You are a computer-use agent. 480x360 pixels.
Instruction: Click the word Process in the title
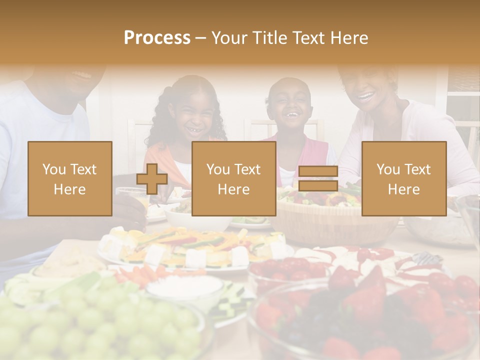pyautogui.click(x=157, y=37)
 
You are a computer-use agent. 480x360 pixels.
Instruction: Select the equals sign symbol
pyautogui.click(x=318, y=179)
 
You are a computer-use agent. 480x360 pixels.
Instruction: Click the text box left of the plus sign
pyautogui.click(x=69, y=179)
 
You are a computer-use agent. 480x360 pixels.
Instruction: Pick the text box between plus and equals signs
pyautogui.click(x=233, y=179)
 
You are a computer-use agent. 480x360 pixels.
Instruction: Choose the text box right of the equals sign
pyautogui.click(x=403, y=179)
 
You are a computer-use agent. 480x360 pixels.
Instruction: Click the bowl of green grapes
pyautogui.click(x=100, y=325)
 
